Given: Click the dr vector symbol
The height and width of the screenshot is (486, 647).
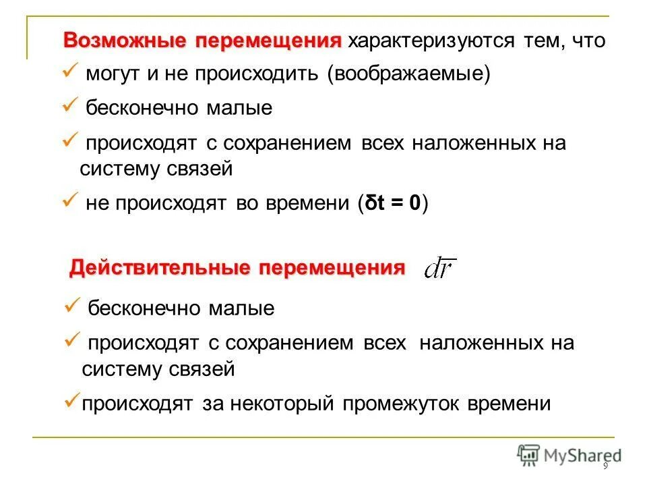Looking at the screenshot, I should click(x=440, y=271).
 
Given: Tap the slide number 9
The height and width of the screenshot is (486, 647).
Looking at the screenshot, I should click(x=605, y=467).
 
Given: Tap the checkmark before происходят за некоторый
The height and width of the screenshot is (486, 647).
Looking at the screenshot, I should click(x=72, y=401).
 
